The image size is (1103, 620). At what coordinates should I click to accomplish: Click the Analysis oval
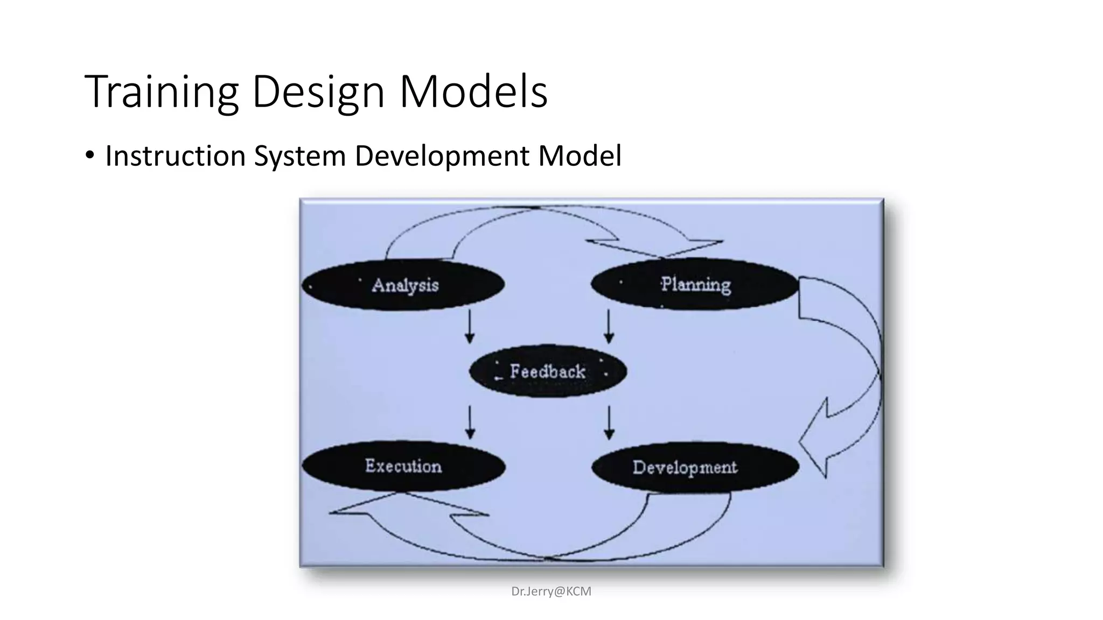point(403,285)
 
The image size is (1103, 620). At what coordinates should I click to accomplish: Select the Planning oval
point(695,284)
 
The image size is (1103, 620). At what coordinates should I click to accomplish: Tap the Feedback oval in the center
point(548,371)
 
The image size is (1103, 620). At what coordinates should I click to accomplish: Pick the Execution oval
point(403,466)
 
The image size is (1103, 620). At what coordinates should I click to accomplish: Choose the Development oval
point(695,467)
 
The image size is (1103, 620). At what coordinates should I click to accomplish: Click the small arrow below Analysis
point(470,326)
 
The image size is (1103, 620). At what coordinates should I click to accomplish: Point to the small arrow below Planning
point(609,326)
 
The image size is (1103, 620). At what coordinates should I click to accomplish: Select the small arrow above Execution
point(470,422)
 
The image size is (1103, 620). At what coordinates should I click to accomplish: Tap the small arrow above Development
point(609,422)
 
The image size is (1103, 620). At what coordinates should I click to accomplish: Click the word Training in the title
point(162,93)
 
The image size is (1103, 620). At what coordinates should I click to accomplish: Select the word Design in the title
point(318,93)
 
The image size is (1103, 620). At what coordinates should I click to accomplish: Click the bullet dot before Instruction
point(90,156)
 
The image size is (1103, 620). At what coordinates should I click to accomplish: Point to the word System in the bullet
point(299,156)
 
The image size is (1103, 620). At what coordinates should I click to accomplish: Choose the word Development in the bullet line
point(442,156)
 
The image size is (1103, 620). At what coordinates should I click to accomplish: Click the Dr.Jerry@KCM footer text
point(551,591)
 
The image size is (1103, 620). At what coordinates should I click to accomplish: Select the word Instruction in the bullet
point(175,156)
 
